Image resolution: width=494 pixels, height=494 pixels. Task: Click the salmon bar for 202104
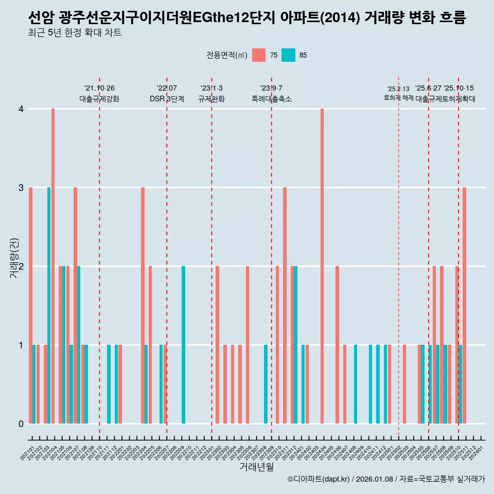[53, 266]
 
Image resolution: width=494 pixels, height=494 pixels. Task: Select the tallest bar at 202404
[322, 266]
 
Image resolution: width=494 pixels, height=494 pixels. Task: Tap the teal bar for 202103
[49, 305]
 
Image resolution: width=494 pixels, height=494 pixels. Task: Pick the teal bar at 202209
[183, 345]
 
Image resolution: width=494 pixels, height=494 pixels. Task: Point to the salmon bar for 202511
[464, 305]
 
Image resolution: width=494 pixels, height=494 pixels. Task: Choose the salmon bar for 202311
[285, 305]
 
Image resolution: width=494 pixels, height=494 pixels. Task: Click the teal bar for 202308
[266, 384]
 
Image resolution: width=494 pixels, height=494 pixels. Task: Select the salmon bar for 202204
[143, 305]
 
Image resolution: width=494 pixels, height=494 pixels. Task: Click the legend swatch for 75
[259, 55]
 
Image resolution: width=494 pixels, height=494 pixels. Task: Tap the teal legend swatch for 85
[289, 55]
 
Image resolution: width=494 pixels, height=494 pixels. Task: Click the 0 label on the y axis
[21, 424]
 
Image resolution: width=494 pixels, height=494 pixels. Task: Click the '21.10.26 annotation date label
[99, 89]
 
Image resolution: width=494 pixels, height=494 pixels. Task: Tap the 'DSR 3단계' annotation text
[167, 99]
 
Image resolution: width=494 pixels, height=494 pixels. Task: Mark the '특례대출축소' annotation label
[271, 99]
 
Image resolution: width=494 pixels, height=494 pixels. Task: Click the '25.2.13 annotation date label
[398, 89]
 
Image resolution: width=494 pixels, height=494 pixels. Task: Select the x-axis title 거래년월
[256, 467]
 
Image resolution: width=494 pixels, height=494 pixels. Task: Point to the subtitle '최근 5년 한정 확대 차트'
[75, 33]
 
